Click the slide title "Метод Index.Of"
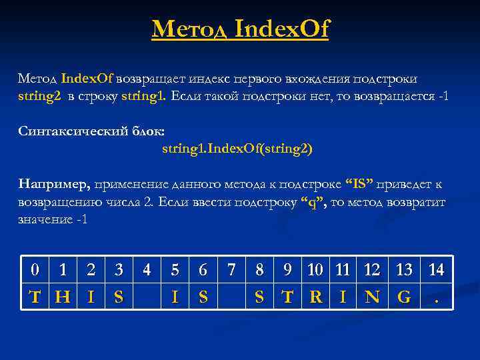click(240, 29)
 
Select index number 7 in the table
click(231, 270)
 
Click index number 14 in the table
click(436, 270)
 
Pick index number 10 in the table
click(315, 270)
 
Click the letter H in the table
click(63, 297)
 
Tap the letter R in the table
click(315, 297)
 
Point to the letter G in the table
click(404, 297)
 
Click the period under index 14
click(437, 298)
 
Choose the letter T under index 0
click(35, 297)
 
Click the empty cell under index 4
click(147, 297)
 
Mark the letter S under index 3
click(119, 297)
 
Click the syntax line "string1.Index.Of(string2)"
click(237, 148)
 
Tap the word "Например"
click(54, 184)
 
